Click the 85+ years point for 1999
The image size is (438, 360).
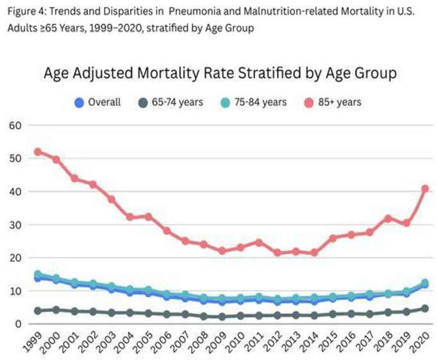(x=38, y=152)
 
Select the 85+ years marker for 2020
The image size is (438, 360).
(x=425, y=189)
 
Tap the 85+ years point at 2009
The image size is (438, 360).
(x=223, y=251)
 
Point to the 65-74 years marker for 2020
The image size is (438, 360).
(x=425, y=309)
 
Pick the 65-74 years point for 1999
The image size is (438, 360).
(x=38, y=311)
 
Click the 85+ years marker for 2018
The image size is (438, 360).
(x=388, y=219)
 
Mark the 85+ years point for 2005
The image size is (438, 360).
(x=149, y=217)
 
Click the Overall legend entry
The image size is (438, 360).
(x=97, y=102)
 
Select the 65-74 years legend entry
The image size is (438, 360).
(x=171, y=102)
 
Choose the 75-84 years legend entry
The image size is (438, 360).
(x=253, y=102)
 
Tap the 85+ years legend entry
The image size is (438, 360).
(x=333, y=102)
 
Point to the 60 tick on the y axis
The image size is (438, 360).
(x=15, y=126)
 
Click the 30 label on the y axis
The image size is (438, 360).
(x=15, y=225)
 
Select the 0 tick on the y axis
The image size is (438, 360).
(x=19, y=324)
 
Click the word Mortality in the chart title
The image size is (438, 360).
(x=169, y=74)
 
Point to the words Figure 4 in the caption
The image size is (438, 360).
(x=27, y=12)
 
